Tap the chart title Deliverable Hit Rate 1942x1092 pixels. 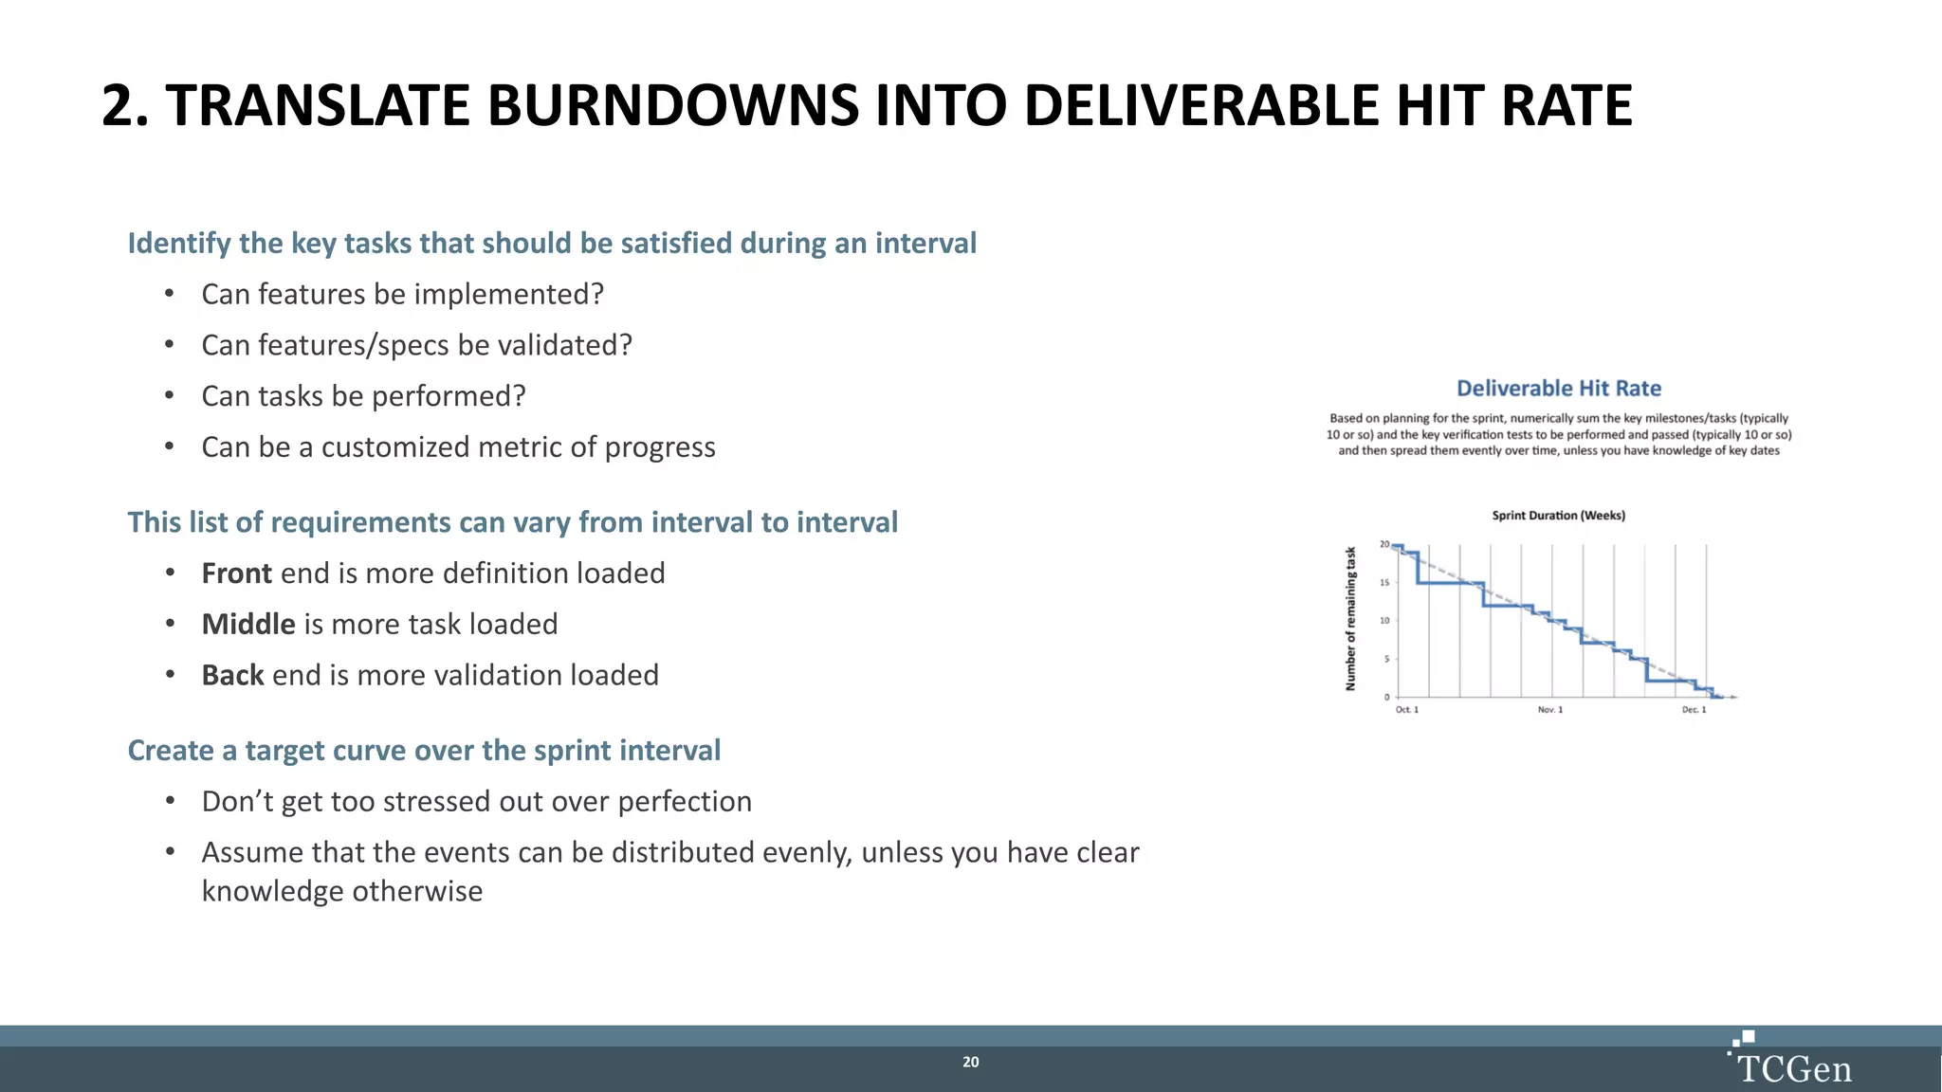[1558, 389]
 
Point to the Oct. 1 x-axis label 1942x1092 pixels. [1406, 710]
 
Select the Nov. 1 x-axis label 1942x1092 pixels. [1549, 710]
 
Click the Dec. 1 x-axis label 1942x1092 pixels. [1694, 710]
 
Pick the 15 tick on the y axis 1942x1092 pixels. [1384, 583]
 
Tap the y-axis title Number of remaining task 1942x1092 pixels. [1350, 618]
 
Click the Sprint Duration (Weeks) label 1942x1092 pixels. [1558, 516]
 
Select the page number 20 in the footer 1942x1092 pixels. [970, 1063]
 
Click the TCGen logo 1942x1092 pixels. [1791, 1062]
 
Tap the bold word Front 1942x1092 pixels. [236, 573]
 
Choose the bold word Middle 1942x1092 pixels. [248, 625]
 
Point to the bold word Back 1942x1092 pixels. [232, 676]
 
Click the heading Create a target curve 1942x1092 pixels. [424, 751]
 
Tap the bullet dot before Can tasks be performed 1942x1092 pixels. [169, 395]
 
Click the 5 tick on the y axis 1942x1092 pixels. [1386, 659]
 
